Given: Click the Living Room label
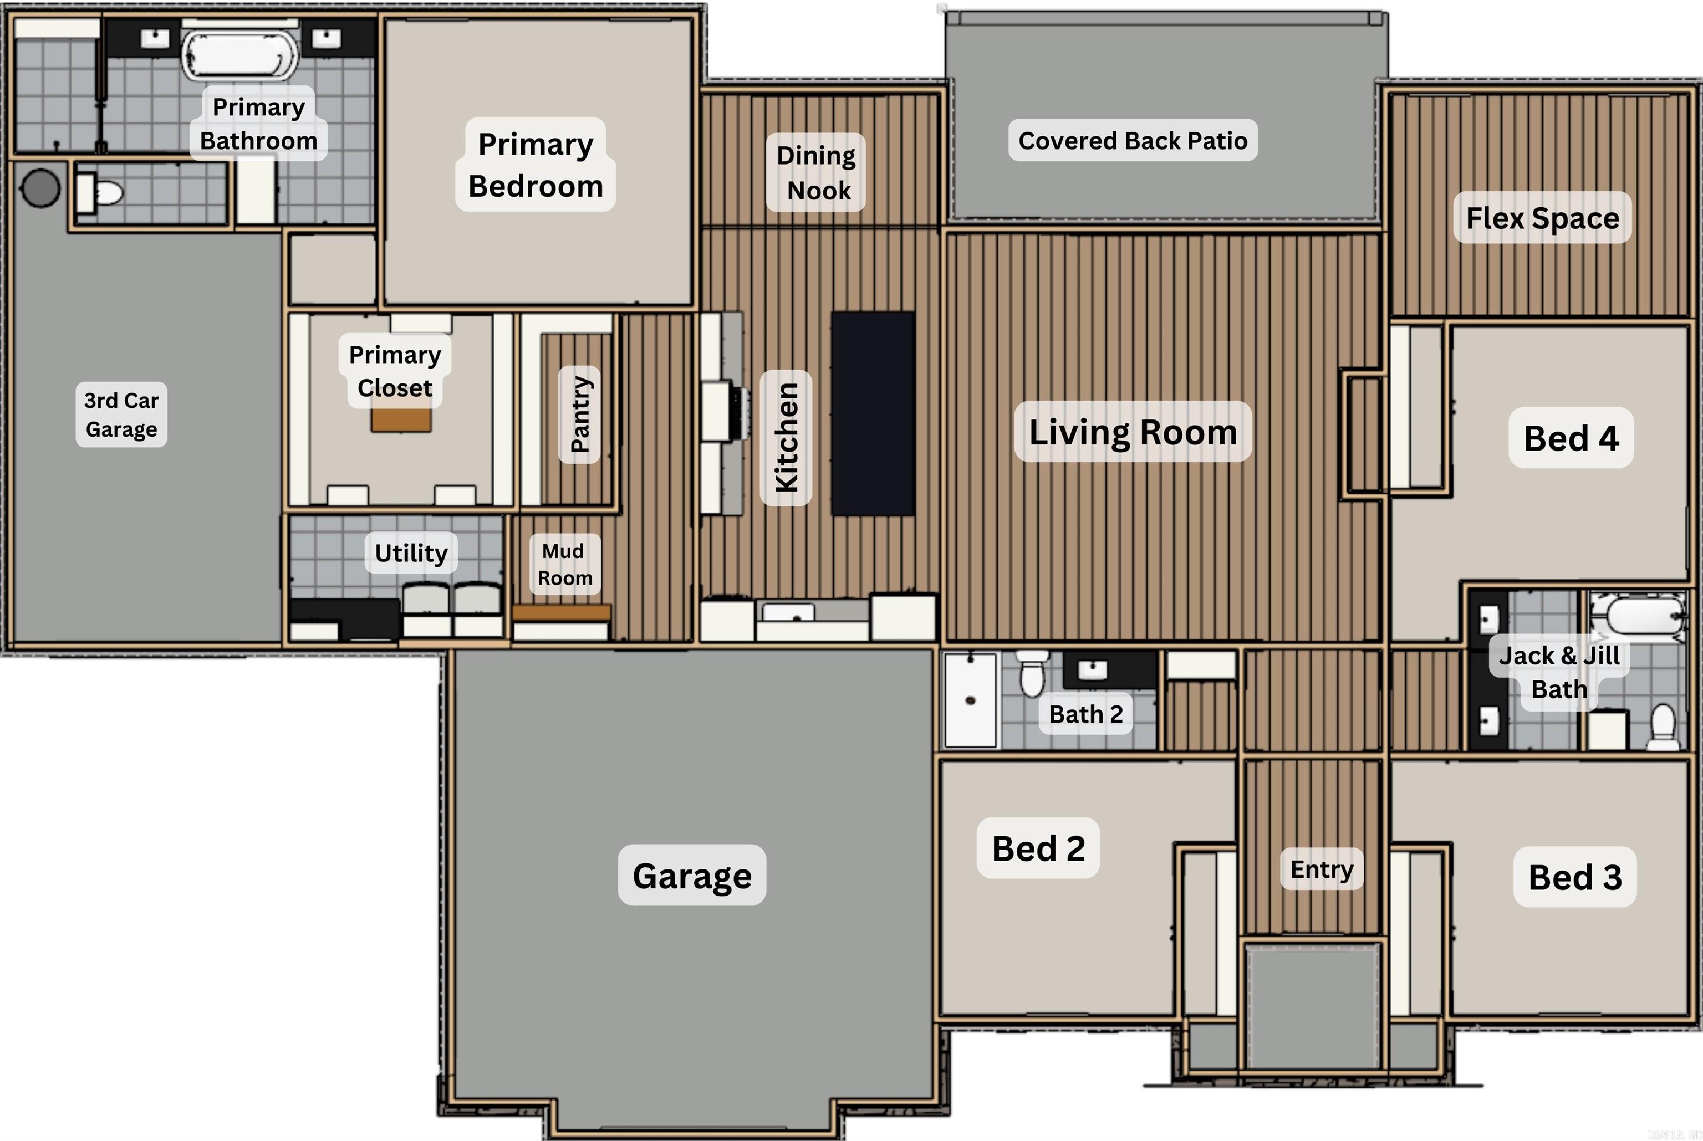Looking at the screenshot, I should pos(1133,432).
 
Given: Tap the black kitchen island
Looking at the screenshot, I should pos(873,413).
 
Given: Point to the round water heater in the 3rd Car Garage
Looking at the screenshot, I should pos(40,188).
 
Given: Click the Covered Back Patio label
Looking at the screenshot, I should pos(1133,140).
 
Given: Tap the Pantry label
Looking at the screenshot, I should pos(579,414).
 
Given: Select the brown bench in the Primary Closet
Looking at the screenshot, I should pos(401,420).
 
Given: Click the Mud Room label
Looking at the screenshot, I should pos(565,564).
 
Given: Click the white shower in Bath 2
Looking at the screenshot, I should pos(970,699).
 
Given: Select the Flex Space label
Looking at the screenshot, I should pos(1542,218).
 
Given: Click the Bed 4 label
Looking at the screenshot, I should pos(1571,438).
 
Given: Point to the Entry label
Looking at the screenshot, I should pos(1322,869).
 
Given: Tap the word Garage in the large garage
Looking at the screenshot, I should pos(691,876).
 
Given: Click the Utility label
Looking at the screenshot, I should pos(411,553).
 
